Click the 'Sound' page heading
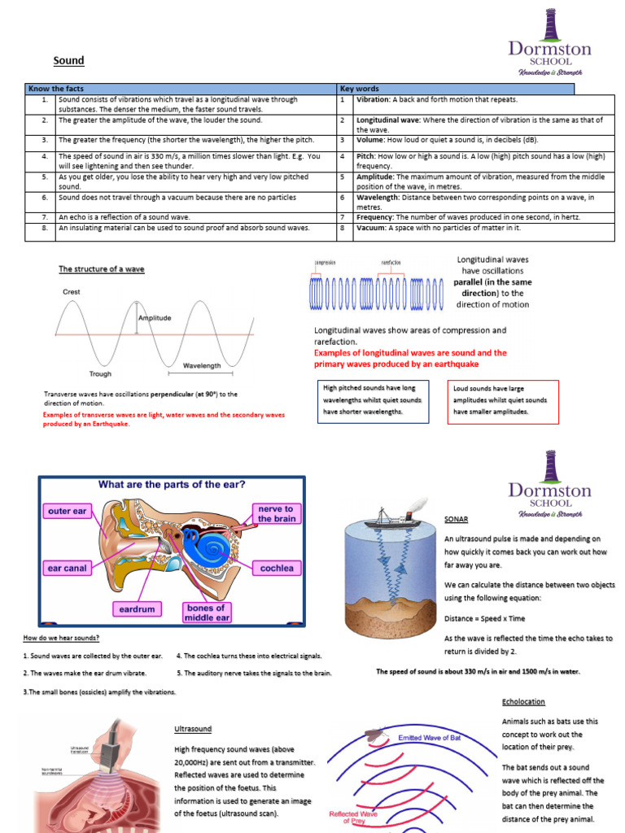pos(69,61)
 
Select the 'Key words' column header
pos(359,89)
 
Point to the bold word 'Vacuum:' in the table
pos(373,229)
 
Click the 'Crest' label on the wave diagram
pos(72,291)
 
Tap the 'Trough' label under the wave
pos(100,374)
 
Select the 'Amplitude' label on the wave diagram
pos(155,318)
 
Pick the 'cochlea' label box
pos(277,567)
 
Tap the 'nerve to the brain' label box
pos(277,513)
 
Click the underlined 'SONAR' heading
pos(457,518)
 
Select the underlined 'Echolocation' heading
pos(523,701)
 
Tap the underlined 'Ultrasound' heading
pos(192,729)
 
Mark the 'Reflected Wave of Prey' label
pos(352,817)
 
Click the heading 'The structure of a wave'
pos(101,269)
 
